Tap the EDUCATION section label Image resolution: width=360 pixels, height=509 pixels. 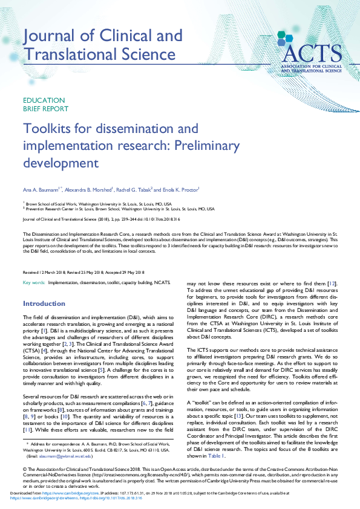coord(44,100)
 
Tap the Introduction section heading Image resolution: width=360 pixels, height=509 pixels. coord(44,303)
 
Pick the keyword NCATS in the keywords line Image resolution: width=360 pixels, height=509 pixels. coord(162,283)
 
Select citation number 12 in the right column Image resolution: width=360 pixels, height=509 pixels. coord(332,284)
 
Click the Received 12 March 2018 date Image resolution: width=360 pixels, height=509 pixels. coord(45,273)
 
